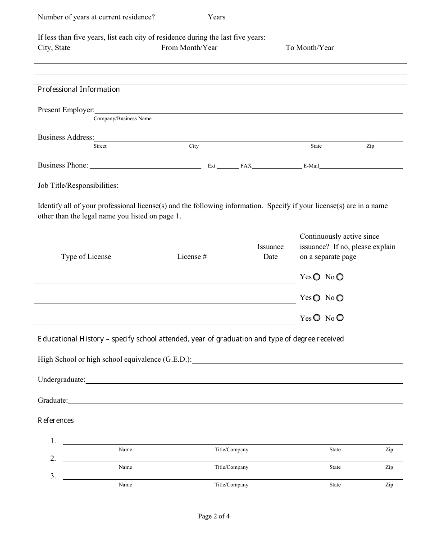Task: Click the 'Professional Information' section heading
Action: click(x=79, y=90)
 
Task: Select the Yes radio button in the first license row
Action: click(x=317, y=277)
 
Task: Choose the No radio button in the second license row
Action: click(x=340, y=298)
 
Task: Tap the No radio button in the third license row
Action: click(x=340, y=318)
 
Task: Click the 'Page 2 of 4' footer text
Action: click(x=214, y=516)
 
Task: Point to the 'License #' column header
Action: click(x=192, y=257)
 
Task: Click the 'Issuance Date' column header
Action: click(x=270, y=252)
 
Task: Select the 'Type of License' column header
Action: click(x=86, y=257)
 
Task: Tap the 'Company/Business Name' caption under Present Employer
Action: click(x=123, y=119)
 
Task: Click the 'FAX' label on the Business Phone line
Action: click(x=246, y=166)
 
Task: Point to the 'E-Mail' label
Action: click(x=311, y=166)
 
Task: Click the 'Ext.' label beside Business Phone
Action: click(x=212, y=166)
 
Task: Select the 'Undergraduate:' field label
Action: click(x=61, y=380)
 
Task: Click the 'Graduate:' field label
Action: click(x=53, y=400)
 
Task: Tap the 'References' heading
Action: click(x=56, y=421)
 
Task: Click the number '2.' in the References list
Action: click(x=53, y=459)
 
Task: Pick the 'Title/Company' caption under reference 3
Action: click(x=231, y=485)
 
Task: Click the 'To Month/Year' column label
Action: click(x=310, y=48)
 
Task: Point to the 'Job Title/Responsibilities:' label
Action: click(x=78, y=186)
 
